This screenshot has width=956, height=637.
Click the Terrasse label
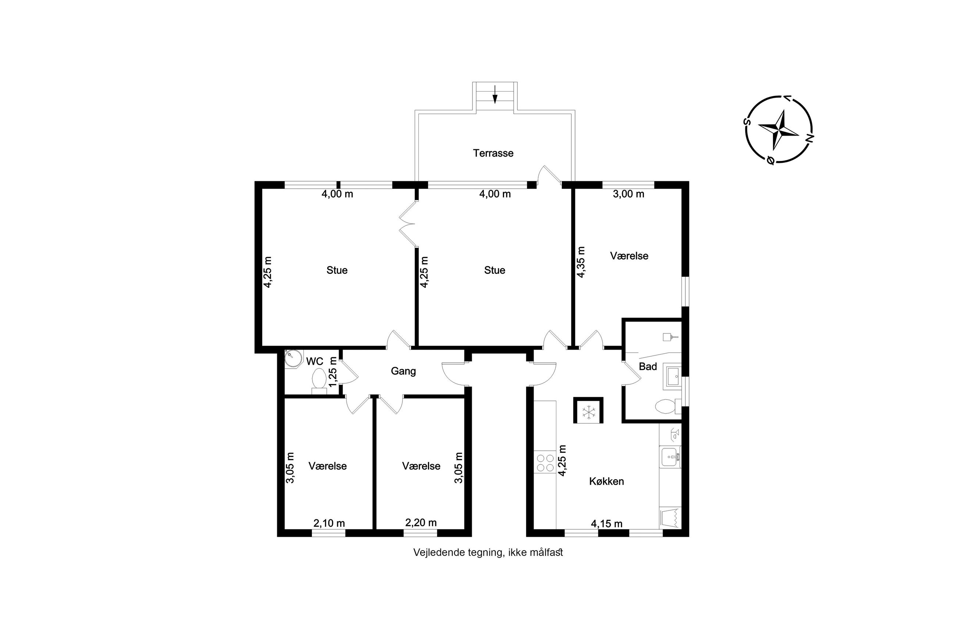click(493, 153)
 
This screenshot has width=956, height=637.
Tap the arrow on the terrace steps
click(495, 94)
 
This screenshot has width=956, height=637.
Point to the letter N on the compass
click(809, 138)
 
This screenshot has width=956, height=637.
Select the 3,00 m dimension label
click(628, 194)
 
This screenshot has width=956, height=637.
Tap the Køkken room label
click(606, 482)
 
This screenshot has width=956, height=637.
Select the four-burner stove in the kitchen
click(545, 463)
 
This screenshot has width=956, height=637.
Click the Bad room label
click(648, 366)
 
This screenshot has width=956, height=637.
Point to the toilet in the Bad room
click(668, 406)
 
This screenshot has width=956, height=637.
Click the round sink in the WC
click(293, 359)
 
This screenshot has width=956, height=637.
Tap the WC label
click(314, 361)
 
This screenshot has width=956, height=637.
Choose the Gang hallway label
click(403, 371)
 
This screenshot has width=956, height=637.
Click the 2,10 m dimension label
click(329, 523)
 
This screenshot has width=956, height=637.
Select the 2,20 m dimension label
click(421, 522)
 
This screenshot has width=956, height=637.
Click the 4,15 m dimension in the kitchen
click(607, 524)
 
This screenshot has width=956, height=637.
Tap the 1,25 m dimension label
click(333, 372)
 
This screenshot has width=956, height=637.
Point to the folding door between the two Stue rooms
click(408, 224)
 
